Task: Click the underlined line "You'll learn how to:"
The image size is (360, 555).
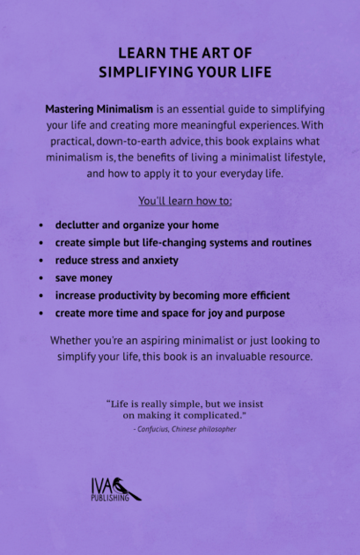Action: click(185, 202)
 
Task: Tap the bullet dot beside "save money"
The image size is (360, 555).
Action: click(41, 277)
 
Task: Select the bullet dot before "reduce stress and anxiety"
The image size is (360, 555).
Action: click(41, 260)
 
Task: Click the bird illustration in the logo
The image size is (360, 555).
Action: click(127, 490)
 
